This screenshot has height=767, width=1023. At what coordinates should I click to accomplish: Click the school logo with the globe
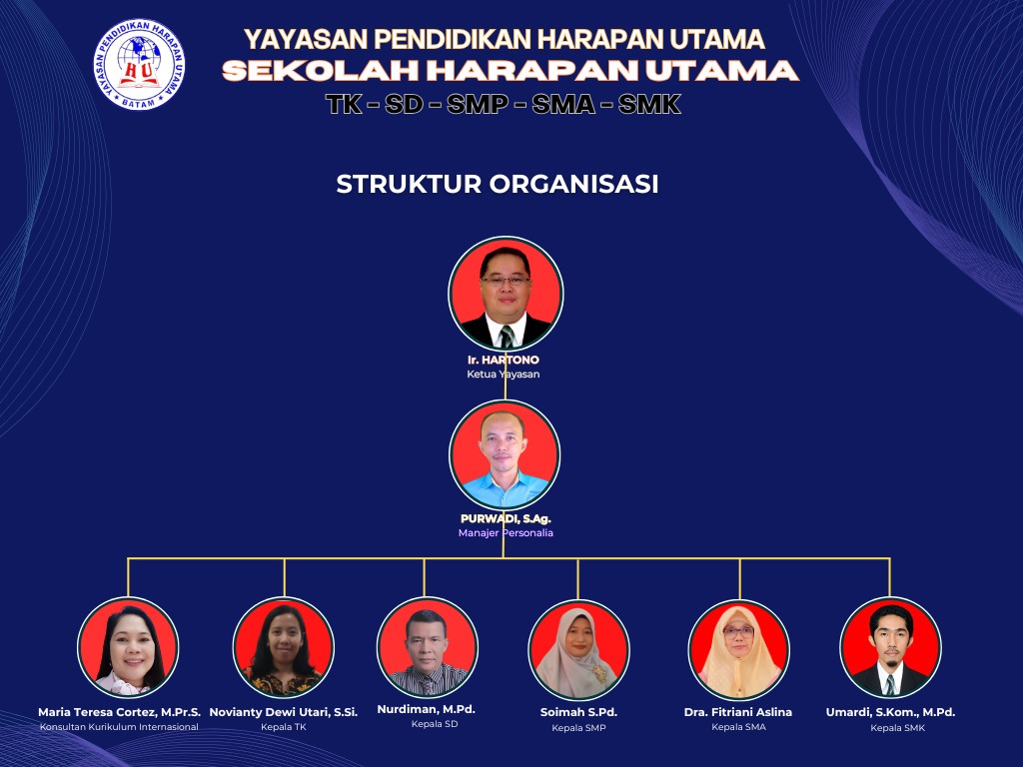click(139, 64)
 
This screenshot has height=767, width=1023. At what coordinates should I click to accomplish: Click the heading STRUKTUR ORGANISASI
click(498, 184)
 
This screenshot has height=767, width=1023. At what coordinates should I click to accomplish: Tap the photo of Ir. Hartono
click(506, 295)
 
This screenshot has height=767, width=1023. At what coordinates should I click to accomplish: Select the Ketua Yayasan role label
click(504, 375)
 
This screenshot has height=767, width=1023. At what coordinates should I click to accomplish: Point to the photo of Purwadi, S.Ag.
click(505, 455)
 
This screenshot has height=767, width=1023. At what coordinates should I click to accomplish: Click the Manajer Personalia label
click(506, 533)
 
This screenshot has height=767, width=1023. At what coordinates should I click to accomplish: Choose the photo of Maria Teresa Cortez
click(128, 647)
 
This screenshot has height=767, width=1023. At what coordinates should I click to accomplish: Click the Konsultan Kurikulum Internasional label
click(120, 727)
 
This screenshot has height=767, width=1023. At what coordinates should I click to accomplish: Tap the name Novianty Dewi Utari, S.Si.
click(283, 712)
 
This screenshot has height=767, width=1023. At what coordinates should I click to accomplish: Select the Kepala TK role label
click(283, 727)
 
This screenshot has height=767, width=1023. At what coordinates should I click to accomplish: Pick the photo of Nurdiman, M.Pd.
click(428, 647)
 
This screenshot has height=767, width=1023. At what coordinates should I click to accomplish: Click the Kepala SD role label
click(435, 724)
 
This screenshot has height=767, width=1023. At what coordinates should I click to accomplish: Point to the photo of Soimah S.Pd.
click(578, 649)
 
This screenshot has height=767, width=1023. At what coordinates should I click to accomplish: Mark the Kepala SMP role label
click(578, 728)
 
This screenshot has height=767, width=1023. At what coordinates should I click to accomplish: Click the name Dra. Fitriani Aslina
click(738, 712)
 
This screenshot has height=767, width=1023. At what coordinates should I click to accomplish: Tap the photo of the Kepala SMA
click(738, 650)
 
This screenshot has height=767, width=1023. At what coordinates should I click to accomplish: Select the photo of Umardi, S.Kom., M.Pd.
click(890, 647)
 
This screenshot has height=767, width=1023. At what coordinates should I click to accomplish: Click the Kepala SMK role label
click(898, 728)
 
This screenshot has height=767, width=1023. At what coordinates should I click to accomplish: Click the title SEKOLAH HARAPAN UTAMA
click(511, 71)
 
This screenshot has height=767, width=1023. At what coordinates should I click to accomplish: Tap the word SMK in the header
click(649, 104)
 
